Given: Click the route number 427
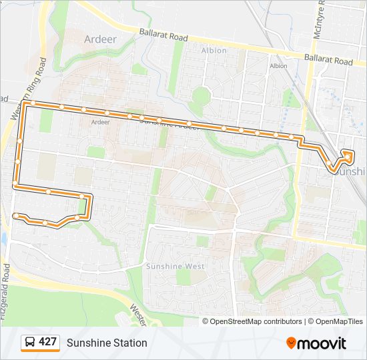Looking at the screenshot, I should click(x=47, y=342).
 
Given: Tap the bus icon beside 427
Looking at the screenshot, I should click(x=30, y=343).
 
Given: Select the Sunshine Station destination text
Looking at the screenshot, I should click(x=107, y=343).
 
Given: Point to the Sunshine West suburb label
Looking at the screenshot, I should click(x=175, y=266).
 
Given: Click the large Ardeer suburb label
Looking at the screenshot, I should click(x=100, y=39).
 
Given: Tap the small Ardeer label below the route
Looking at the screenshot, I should click(x=100, y=122).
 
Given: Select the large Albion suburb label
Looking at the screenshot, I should click(x=214, y=50).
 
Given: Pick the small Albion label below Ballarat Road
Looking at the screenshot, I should click(x=278, y=66).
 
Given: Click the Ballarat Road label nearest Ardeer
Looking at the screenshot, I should click(x=163, y=35).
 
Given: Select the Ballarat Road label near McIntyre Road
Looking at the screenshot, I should click(x=328, y=61).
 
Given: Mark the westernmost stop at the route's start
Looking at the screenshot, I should click(x=15, y=215).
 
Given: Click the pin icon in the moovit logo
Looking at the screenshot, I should click(x=291, y=343).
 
